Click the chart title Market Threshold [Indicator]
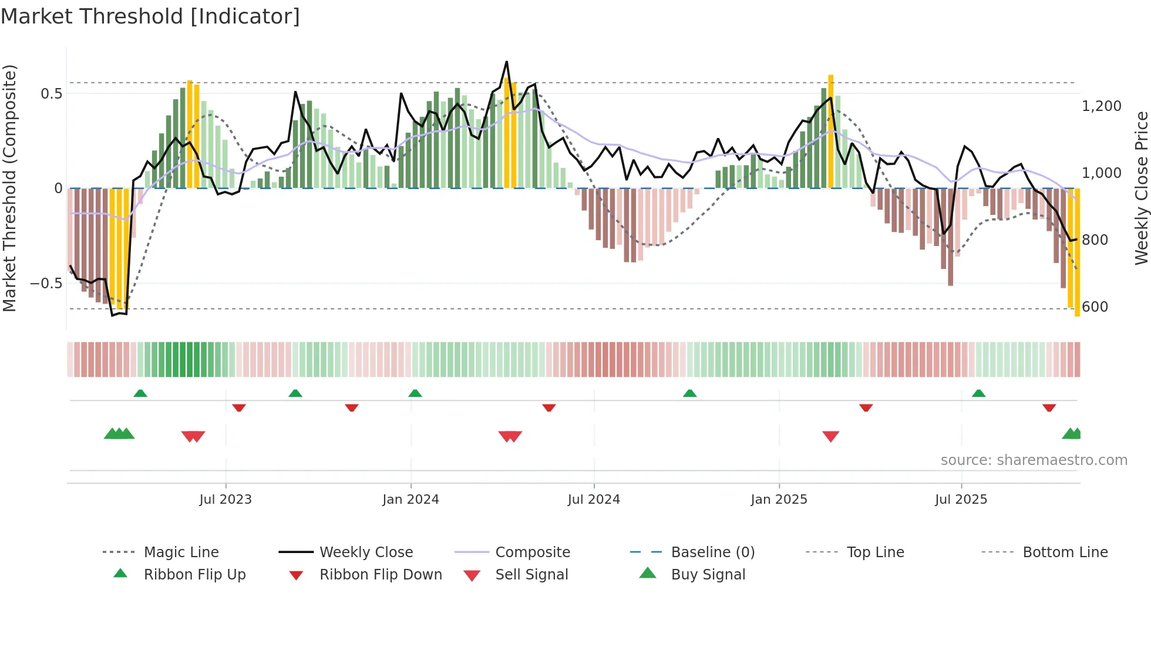150,16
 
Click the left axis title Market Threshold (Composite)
9,188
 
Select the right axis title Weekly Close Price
1141,188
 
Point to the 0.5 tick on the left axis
52,94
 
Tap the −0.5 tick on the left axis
46,284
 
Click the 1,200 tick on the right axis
1101,106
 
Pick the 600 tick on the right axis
1095,307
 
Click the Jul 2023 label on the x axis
226,500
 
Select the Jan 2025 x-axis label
779,500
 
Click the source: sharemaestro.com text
1034,460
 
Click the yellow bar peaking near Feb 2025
830,132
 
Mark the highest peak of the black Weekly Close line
506,62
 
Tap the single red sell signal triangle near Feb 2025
830,436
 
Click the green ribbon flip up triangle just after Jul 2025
978,393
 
